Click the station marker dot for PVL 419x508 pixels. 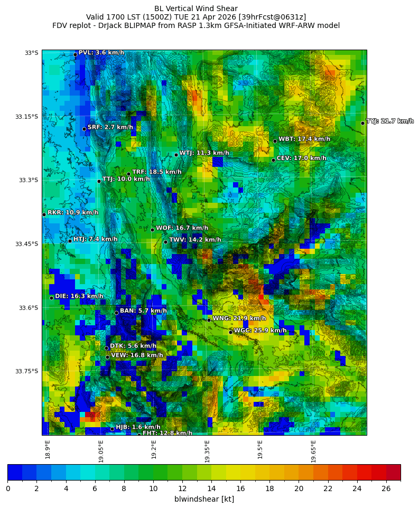[75, 54]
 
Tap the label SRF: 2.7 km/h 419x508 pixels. [110, 127]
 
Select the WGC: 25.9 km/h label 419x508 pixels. [260, 331]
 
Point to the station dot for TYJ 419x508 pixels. [362, 123]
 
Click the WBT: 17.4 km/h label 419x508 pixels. [304, 139]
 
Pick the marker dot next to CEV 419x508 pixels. [273, 160]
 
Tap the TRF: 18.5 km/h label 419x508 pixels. [156, 172]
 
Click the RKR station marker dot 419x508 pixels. [44, 214]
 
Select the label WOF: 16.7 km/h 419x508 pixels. [182, 228]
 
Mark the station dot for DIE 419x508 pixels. [51, 298]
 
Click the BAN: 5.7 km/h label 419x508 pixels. [143, 311]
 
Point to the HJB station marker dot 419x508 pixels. [112, 429]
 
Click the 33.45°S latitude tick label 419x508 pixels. [28, 244]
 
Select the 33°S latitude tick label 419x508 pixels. [31, 53]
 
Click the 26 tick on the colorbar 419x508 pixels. [386, 488]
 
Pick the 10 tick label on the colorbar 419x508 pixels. [153, 488]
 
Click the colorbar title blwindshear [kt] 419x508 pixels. [204, 499]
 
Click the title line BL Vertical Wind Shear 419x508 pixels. [196, 8]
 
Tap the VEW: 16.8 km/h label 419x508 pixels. [137, 355]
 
